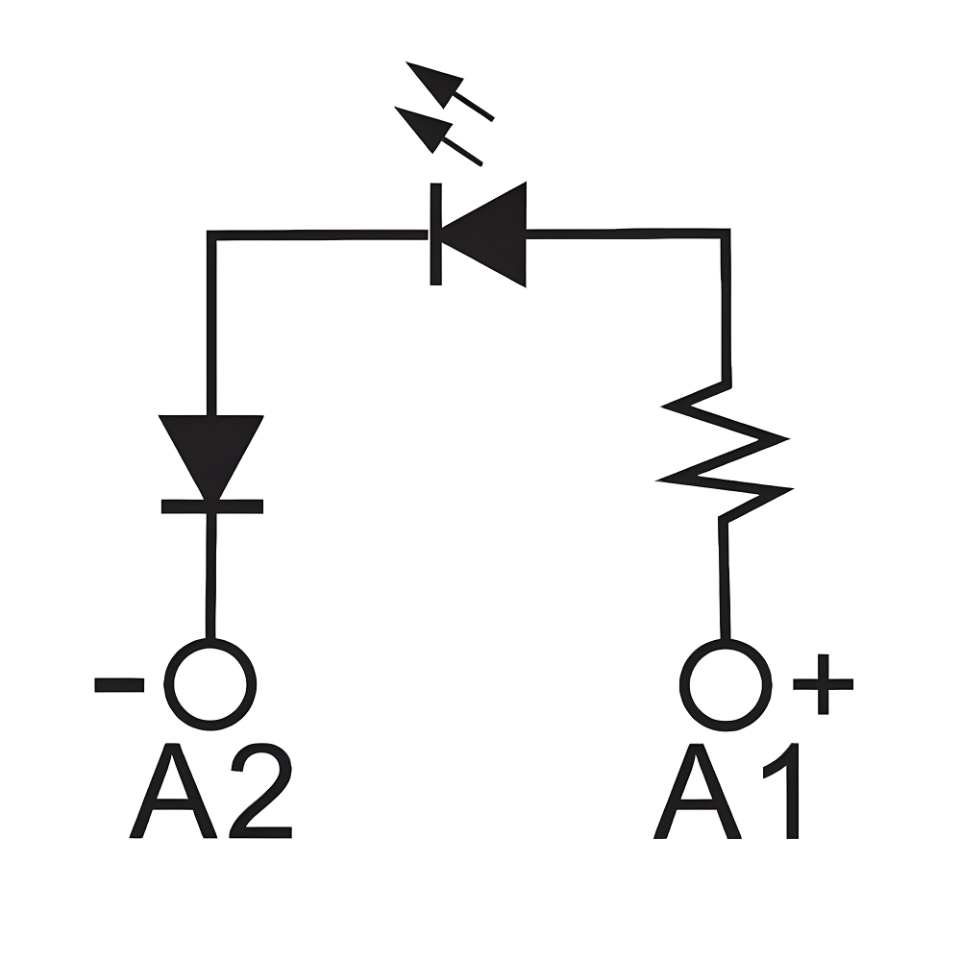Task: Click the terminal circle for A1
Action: pyautogui.click(x=726, y=683)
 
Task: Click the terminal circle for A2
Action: pyautogui.click(x=210, y=683)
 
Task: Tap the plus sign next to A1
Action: pyautogui.click(x=823, y=684)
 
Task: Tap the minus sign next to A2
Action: pyautogui.click(x=119, y=684)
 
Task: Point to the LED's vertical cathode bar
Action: pyautogui.click(x=435, y=234)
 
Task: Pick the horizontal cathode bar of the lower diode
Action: pyautogui.click(x=210, y=505)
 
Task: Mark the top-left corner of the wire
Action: pyautogui.click(x=211, y=234)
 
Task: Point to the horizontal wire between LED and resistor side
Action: pyautogui.click(x=625, y=233)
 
